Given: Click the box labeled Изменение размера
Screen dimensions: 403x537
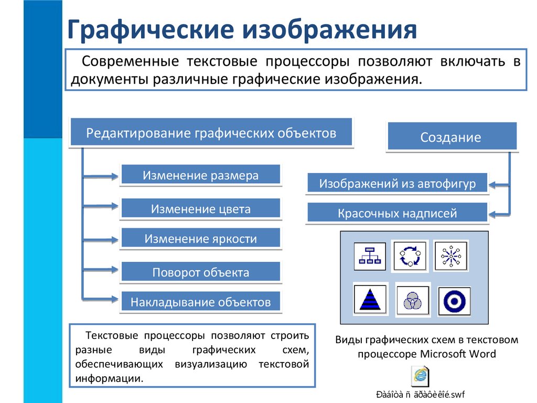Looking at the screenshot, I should click(x=200, y=175).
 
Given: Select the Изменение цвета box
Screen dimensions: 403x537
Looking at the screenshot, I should click(x=200, y=209).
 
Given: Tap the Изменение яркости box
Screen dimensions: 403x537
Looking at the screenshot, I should click(x=200, y=239).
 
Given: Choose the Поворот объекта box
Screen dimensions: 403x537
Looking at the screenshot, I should click(x=200, y=272).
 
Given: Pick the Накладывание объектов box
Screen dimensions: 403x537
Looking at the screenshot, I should click(x=200, y=302).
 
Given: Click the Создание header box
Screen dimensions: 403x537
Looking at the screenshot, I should click(x=451, y=137).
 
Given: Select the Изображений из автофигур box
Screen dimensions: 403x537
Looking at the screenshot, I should click(x=397, y=184).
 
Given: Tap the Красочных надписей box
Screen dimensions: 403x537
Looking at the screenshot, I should click(x=397, y=213).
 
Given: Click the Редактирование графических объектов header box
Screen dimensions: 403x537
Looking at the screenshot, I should click(x=211, y=133).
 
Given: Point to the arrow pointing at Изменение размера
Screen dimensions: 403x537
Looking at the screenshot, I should click(x=102, y=176).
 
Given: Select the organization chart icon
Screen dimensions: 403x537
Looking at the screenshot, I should click(x=370, y=256).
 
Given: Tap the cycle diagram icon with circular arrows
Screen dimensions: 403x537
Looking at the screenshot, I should click(x=410, y=256).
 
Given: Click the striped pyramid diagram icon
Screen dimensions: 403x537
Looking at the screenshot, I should click(x=370, y=299).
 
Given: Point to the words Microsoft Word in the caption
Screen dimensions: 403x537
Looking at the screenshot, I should click(x=458, y=353).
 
